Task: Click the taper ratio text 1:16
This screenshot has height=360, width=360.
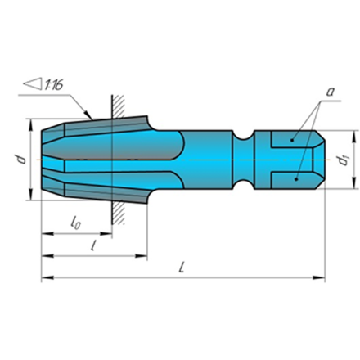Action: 53,85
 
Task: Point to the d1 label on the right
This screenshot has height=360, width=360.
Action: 343,160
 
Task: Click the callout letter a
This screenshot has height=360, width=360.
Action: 331,92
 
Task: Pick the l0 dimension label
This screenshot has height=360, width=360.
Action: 75,223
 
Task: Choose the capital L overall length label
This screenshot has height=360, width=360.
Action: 182,267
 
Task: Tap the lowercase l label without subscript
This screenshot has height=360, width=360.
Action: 93,245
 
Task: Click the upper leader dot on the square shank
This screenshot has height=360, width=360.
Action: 292,140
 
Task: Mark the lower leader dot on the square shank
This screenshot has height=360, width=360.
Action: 296,179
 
